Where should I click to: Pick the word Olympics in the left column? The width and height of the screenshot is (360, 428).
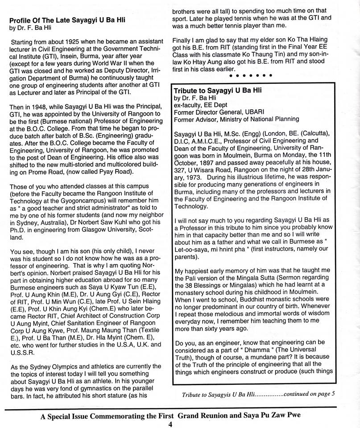click(56, 366)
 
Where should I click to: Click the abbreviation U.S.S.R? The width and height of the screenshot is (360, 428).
click(22, 351)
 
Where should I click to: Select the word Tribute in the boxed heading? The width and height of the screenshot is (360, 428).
click(186, 90)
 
